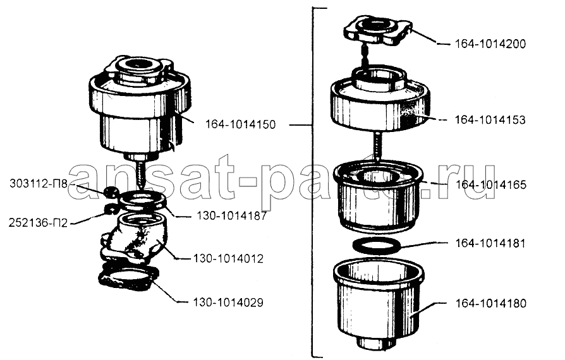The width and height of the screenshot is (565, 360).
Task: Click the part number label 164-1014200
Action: tap(490, 44)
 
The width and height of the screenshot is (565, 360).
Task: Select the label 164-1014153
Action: tap(490, 120)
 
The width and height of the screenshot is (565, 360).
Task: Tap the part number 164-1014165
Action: tap(491, 184)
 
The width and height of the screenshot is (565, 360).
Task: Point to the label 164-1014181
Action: tap(490, 243)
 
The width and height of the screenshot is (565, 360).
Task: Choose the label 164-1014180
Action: tap(491, 304)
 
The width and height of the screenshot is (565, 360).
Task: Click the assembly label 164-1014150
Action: tap(240, 124)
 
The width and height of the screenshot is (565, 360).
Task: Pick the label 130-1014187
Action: tap(232, 216)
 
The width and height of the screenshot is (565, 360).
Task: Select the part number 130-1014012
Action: tap(228, 258)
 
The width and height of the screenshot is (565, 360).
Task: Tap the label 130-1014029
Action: tap(228, 303)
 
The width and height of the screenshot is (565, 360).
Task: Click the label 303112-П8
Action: tap(39, 184)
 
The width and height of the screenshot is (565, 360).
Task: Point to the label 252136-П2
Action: tap(38, 223)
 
